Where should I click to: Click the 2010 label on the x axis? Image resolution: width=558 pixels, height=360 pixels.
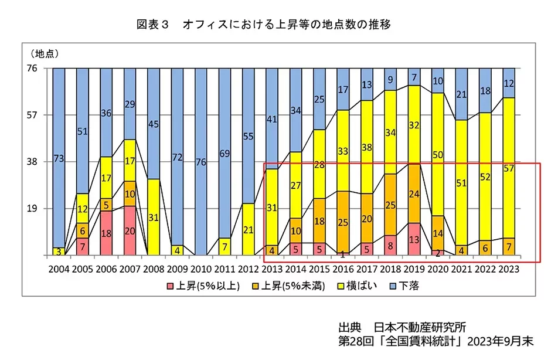point(200,269)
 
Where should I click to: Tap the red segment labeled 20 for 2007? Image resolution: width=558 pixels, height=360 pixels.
point(130,230)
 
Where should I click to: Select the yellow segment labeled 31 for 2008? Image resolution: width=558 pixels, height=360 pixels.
point(154,217)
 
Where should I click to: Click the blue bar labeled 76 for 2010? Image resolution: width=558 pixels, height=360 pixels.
point(200,162)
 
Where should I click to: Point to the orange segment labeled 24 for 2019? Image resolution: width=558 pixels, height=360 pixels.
point(414,193)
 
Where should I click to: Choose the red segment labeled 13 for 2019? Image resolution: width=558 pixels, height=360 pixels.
point(414,239)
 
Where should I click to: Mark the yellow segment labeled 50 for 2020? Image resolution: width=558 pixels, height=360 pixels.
point(437,154)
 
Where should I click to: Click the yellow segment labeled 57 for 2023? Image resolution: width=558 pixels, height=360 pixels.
point(509,168)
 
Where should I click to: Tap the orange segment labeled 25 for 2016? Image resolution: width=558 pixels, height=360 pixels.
point(343,222)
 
